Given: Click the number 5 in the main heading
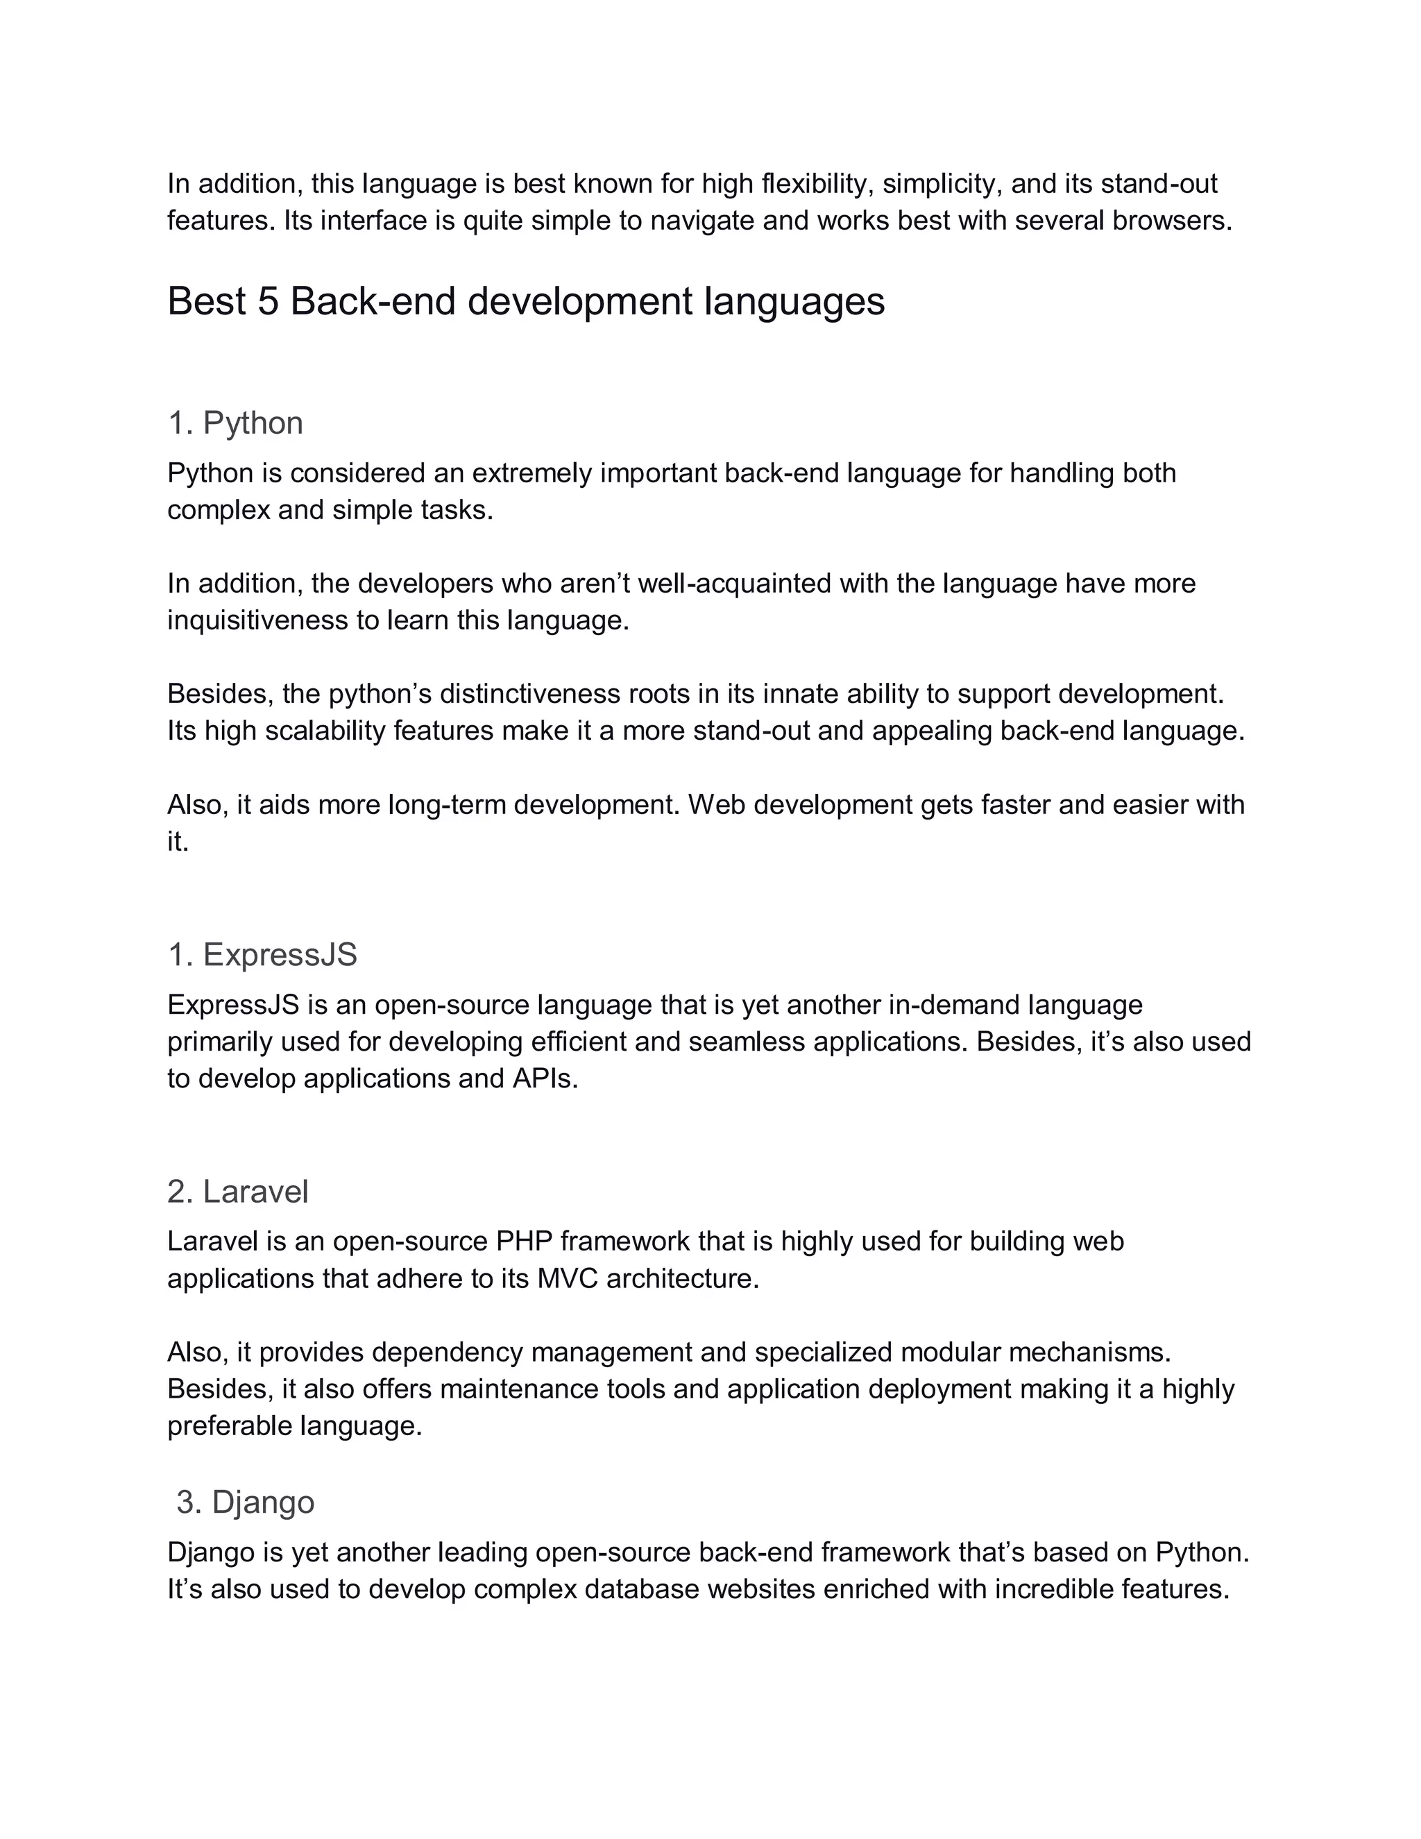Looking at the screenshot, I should point(268,301).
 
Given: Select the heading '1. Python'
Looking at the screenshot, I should point(235,423).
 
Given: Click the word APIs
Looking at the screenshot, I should point(545,1078).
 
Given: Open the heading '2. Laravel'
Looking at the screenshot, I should point(238,1192).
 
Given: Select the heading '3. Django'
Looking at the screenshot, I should point(245,1502).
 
